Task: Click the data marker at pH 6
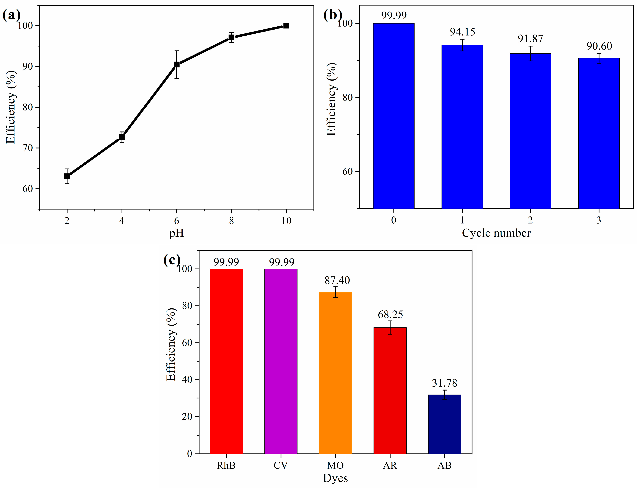[177, 64]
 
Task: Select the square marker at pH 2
[67, 176]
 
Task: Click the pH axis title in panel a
[177, 233]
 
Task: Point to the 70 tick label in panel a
[28, 148]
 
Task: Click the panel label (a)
[12, 15]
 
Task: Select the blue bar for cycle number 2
[530, 131]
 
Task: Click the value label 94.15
[462, 32]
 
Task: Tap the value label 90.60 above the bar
[599, 46]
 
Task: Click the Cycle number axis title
[496, 233]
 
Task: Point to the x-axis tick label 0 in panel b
[394, 220]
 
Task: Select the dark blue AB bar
[444, 424]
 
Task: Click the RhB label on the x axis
[226, 465]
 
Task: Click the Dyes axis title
[335, 478]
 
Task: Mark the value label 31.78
[444, 383]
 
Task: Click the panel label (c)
[172, 260]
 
